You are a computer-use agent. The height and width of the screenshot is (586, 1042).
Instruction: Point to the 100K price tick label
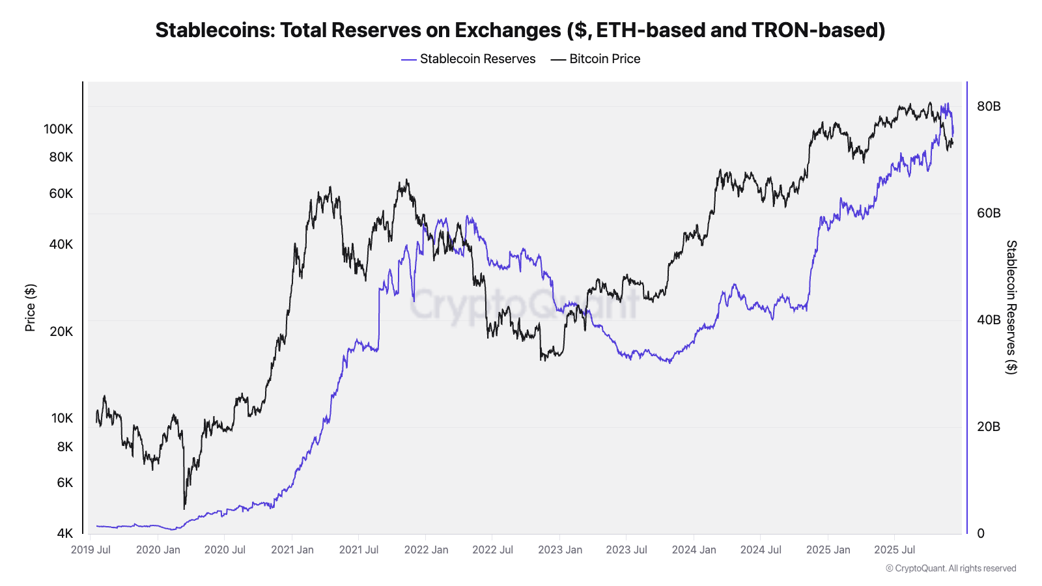coord(59,129)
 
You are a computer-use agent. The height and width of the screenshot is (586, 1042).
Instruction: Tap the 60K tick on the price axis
coord(61,193)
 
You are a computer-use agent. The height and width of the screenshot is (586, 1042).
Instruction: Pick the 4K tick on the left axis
coord(65,533)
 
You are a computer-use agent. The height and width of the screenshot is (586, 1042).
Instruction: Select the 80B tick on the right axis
coord(989,106)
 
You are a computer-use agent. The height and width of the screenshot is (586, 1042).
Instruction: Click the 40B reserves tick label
coord(989,320)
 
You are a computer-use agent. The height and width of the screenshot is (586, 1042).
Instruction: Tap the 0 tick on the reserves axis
coord(981,533)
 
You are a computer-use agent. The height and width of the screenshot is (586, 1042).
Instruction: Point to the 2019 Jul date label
coord(91,550)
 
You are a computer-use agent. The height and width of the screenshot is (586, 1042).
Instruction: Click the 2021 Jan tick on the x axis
coord(292,550)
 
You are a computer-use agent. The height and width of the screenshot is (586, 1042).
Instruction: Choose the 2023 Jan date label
coord(560,550)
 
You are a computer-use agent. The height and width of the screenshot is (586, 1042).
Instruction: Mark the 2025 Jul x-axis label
coord(894,550)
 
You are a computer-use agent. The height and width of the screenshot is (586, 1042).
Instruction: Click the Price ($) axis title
coord(30,307)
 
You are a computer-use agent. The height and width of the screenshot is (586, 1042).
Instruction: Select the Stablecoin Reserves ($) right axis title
coord(1011,307)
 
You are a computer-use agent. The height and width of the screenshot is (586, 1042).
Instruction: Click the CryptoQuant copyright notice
coord(951,568)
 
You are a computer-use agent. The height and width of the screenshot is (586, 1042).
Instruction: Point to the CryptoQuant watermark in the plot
coord(524,304)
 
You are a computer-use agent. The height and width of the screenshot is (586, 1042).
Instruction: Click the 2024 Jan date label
coord(694,550)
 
